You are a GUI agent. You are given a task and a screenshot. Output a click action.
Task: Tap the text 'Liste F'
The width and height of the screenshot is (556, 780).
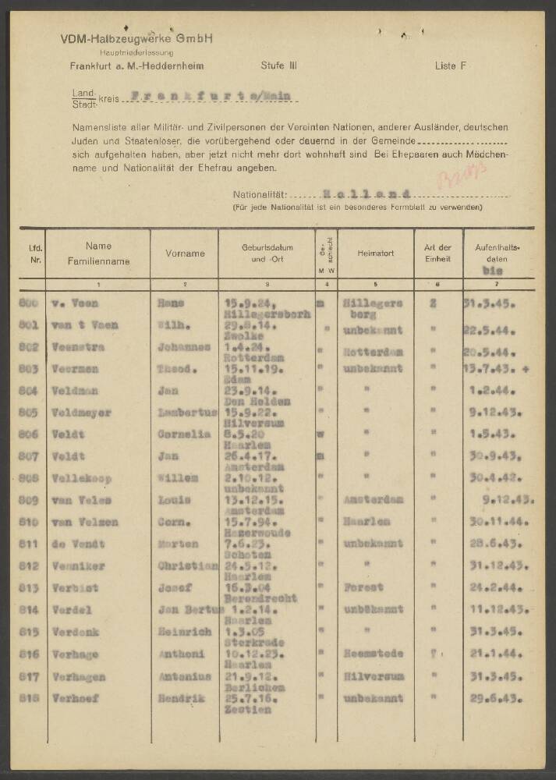[x=451, y=66]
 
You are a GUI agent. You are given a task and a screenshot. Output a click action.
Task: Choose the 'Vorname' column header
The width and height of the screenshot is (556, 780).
[x=185, y=253]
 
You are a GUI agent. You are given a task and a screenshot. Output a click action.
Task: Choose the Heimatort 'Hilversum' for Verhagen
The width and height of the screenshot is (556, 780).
[x=374, y=677]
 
